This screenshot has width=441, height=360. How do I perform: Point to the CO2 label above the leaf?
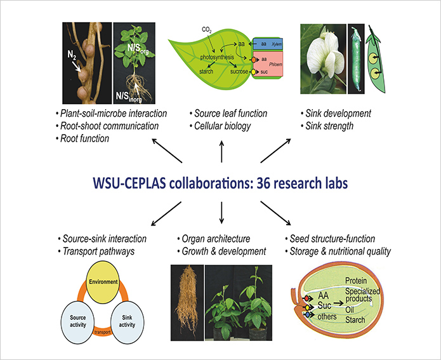207,29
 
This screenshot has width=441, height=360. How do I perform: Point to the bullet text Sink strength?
329,124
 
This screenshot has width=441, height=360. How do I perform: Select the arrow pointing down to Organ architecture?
221,213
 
